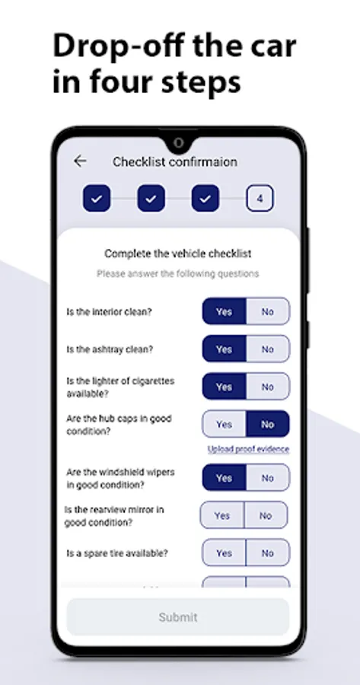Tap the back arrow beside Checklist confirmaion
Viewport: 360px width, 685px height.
click(x=80, y=161)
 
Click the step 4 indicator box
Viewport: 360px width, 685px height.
click(x=260, y=199)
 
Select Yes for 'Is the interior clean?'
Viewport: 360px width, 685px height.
click(x=224, y=311)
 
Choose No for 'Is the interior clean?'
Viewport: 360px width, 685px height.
click(x=268, y=311)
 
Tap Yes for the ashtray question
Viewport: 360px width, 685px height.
click(x=224, y=349)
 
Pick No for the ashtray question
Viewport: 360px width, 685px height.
click(x=268, y=349)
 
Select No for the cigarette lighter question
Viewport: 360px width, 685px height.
click(x=268, y=387)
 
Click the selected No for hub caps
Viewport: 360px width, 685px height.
click(x=268, y=424)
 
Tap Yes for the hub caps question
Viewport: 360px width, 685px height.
click(x=224, y=424)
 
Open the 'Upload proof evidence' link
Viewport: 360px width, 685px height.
click(x=248, y=449)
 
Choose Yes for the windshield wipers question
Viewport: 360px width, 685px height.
click(x=224, y=477)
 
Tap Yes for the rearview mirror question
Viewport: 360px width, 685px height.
click(x=222, y=515)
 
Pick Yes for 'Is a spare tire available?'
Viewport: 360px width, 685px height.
click(x=224, y=553)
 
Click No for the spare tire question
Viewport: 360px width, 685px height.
click(x=268, y=553)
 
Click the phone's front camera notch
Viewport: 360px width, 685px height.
click(x=178, y=143)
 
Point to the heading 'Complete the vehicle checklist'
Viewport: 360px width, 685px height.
click(x=178, y=253)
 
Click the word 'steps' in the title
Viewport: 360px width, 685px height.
click(x=201, y=81)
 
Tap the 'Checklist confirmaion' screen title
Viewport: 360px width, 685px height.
click(x=175, y=161)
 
